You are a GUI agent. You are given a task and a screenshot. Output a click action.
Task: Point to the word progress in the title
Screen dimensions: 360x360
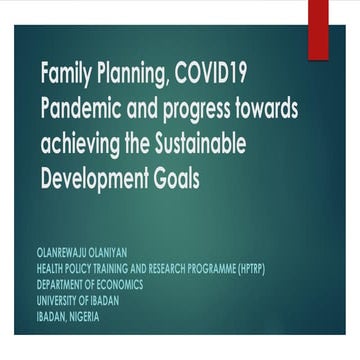[x=203, y=105]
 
